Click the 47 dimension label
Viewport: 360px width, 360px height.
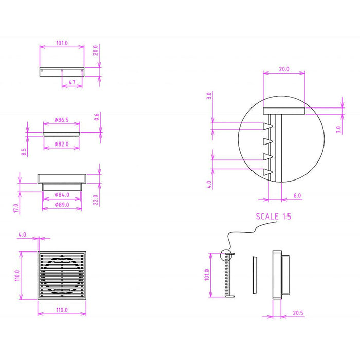coord(72,81)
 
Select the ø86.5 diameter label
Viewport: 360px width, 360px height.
coord(61,120)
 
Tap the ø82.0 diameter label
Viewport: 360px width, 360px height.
coord(61,145)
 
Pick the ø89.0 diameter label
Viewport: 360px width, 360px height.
coord(61,206)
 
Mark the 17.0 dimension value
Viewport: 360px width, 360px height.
coord(16,208)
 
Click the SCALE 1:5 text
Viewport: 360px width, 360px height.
coord(274,217)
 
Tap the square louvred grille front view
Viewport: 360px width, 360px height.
coord(61,276)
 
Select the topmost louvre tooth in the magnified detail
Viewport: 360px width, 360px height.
coord(267,126)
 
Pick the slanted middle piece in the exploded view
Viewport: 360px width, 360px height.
coord(254,275)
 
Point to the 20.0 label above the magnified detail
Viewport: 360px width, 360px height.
coord(284,69)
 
